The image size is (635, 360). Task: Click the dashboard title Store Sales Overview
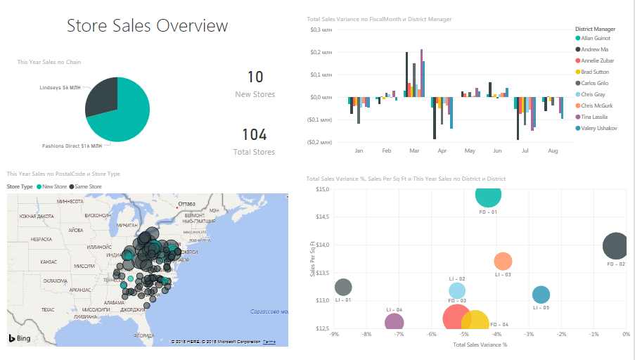[147, 26]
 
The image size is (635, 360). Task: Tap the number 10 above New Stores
[255, 77]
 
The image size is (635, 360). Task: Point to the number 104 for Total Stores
[255, 135]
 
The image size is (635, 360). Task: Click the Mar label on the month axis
[414, 151]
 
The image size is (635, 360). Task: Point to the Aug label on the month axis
[553, 151]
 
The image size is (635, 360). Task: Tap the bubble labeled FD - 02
[617, 246]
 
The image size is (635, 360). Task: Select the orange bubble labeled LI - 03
[503, 262]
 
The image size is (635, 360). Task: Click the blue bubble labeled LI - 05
[541, 295]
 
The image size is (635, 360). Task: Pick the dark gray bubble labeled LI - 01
[343, 287]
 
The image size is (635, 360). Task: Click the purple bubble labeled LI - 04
[395, 321]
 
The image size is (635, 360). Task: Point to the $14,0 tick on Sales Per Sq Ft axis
[322, 245]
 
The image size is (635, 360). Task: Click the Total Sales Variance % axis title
[480, 345]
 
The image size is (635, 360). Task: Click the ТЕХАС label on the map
[28, 309]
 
